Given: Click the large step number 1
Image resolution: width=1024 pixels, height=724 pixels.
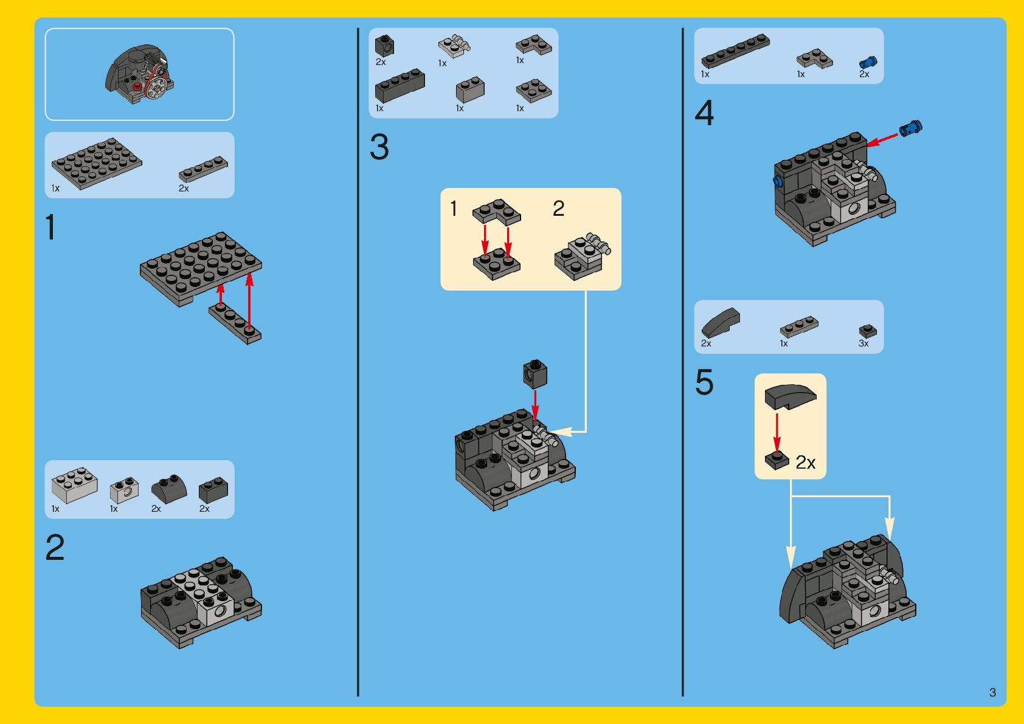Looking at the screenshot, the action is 50,227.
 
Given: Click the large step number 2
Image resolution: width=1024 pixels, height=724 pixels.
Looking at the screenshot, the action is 55,547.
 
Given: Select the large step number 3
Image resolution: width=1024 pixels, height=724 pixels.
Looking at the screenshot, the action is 379,147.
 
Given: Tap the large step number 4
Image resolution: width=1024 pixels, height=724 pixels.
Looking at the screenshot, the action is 705,112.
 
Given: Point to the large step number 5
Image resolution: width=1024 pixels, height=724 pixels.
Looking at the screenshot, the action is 705,382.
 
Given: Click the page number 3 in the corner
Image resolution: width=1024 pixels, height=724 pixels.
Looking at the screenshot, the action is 992,692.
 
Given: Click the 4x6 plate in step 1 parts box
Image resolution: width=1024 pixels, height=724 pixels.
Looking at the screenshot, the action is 97,163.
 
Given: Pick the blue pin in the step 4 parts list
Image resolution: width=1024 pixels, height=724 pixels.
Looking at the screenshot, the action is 868,63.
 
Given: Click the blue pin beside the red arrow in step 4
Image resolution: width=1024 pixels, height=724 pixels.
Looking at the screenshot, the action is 911,128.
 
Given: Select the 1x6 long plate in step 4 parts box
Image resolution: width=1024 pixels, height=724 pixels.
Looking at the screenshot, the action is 736,50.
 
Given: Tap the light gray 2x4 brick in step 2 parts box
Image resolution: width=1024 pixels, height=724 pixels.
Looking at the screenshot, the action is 75,484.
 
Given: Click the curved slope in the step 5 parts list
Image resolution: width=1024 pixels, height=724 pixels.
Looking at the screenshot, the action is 721,322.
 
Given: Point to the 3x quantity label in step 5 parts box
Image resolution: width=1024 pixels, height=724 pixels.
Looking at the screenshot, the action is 863,343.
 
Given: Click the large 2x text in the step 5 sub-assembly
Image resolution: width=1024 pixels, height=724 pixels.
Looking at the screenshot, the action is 806,463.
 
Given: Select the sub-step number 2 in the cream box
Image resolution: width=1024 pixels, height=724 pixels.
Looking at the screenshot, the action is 559,209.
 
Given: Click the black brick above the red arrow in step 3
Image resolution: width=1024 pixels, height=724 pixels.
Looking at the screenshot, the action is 535,374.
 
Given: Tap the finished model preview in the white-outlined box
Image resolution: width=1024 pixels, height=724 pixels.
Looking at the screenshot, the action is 139,74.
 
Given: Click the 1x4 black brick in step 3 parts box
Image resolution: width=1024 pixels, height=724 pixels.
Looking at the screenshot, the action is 400,86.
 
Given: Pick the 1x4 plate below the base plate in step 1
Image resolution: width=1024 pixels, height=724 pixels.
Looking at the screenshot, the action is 235,323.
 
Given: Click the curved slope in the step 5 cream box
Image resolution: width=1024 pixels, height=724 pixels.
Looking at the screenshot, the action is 790,396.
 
